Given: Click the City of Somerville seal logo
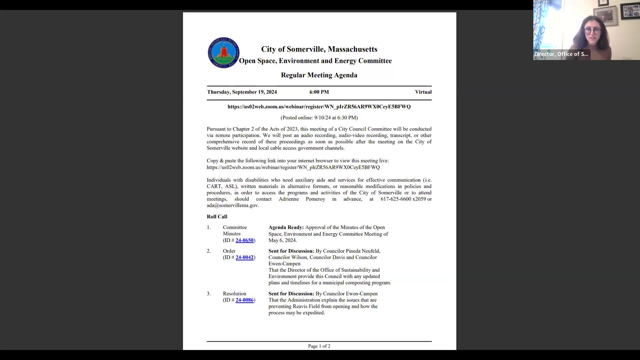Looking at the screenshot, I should click(x=223, y=53).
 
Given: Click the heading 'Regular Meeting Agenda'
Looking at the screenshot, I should click(x=319, y=75).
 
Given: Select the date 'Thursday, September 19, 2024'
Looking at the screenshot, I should click(x=242, y=92).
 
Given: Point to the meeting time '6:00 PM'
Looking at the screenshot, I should click(x=319, y=92).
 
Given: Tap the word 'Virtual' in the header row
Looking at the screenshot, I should click(x=423, y=92).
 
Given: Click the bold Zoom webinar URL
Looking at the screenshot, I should click(x=319, y=107).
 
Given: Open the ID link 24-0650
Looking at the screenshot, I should click(x=244, y=240).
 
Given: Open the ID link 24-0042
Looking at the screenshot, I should click(x=244, y=257).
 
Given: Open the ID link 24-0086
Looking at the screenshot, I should click(x=244, y=300).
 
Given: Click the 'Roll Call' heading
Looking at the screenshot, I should click(x=217, y=217).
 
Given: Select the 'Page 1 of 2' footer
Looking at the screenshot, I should click(x=319, y=346).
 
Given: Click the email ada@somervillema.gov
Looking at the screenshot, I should click(x=232, y=205).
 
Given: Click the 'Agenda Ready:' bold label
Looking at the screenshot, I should click(x=286, y=227).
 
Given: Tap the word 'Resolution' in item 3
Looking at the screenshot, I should click(x=234, y=294).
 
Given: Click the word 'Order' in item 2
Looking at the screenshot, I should click(x=229, y=251).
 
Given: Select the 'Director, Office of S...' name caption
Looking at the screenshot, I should click(x=561, y=54).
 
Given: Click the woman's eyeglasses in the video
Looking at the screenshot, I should click(x=592, y=31).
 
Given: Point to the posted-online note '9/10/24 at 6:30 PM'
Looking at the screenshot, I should click(x=335, y=118).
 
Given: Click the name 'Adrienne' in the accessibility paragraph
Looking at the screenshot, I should click(x=289, y=199).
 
